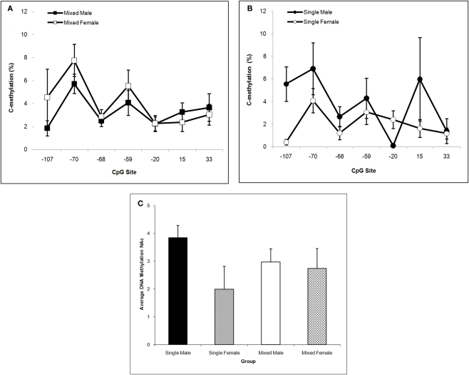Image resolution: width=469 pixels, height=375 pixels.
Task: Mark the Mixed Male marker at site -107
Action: click(47, 128)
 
